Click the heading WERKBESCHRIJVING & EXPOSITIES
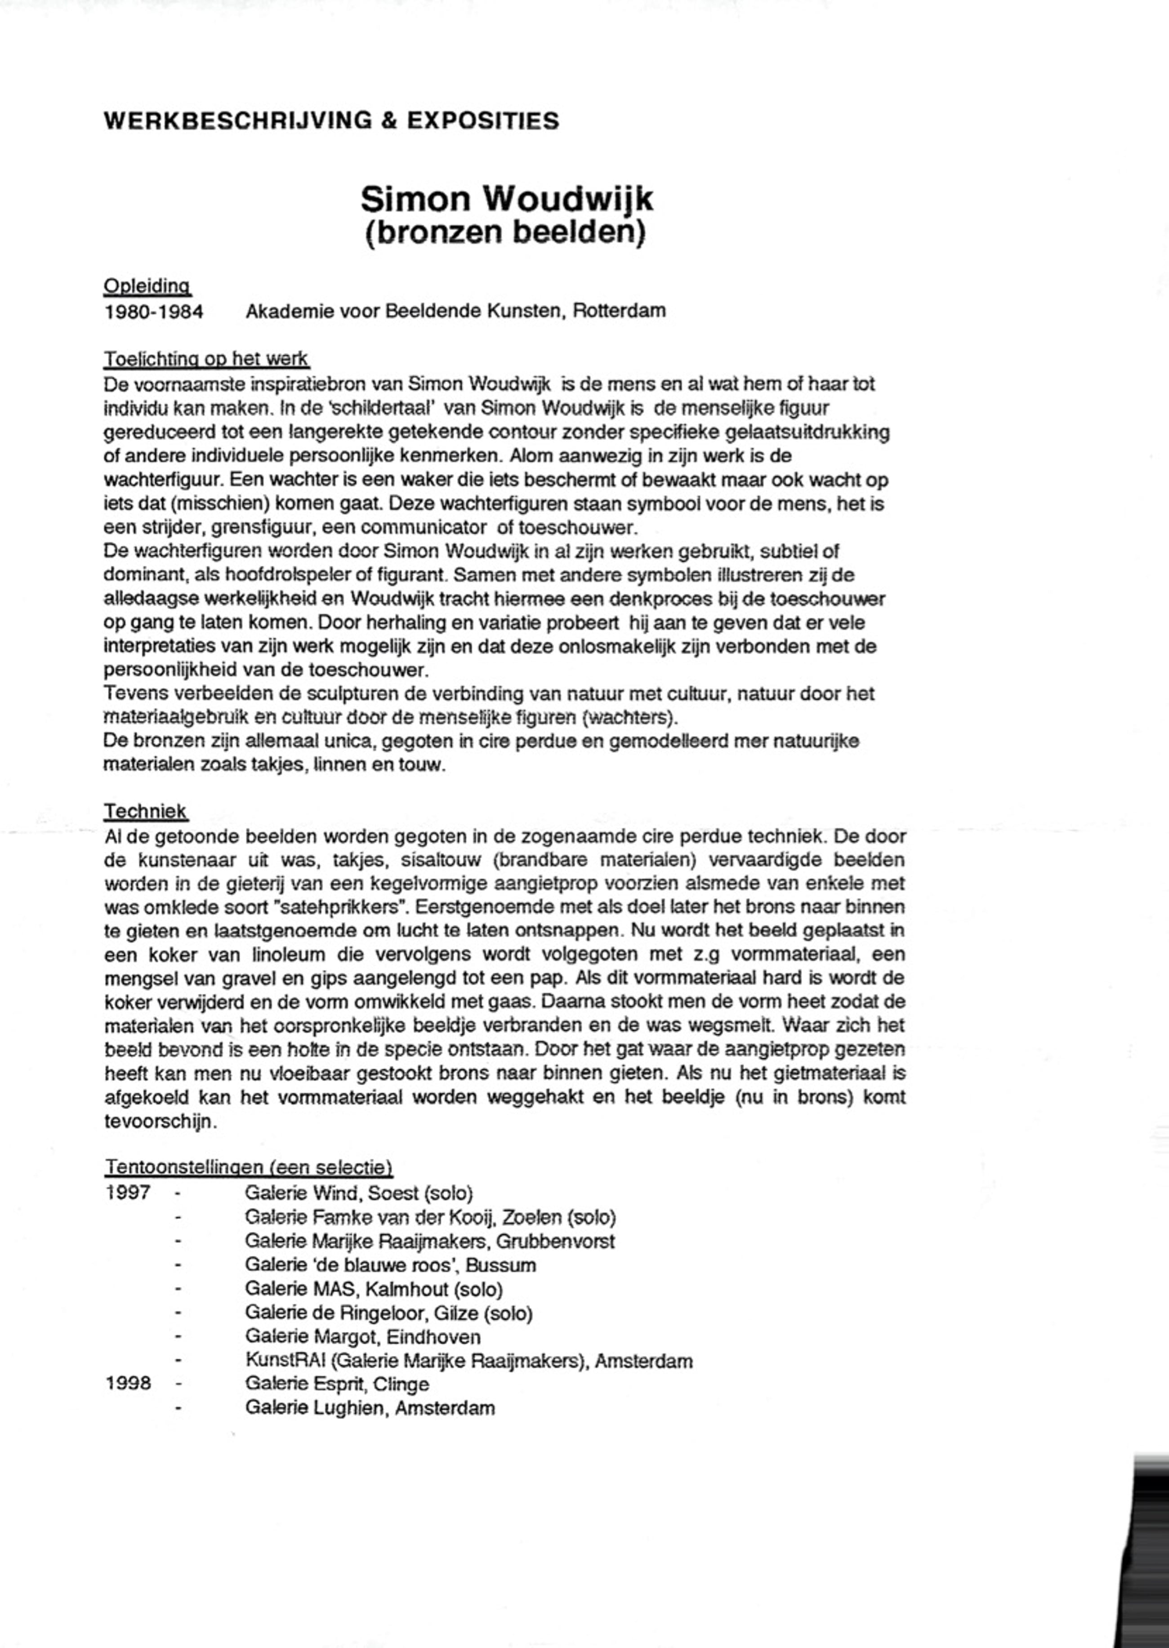(x=331, y=120)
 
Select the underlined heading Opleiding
(x=147, y=286)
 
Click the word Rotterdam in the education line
(x=619, y=311)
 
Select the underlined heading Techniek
(x=145, y=811)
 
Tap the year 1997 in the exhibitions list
(x=128, y=1192)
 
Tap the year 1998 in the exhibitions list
(x=128, y=1384)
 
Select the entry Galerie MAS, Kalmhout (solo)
(x=374, y=1289)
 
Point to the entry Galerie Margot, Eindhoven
(x=363, y=1337)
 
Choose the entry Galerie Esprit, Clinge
(x=337, y=1384)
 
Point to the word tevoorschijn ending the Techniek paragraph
(x=160, y=1121)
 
